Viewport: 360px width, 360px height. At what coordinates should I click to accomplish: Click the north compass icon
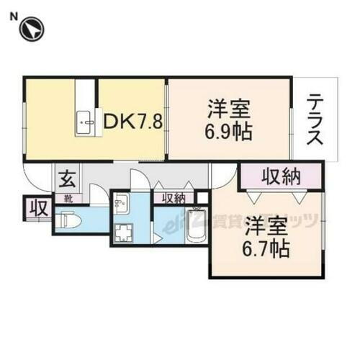[x=32, y=30]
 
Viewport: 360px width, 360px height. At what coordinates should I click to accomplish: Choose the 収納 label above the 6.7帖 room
[x=281, y=176]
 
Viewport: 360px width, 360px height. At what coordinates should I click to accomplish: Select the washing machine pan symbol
[x=127, y=231]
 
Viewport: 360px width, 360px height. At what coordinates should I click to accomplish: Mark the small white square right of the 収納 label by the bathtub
[x=202, y=197]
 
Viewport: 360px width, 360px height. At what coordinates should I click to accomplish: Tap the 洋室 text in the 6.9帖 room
[x=230, y=111]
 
